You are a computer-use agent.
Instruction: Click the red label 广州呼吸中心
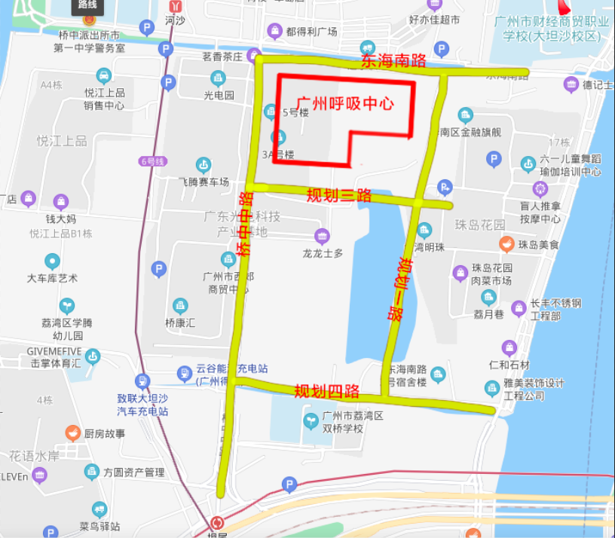(345, 102)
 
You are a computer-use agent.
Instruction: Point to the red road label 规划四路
(326, 391)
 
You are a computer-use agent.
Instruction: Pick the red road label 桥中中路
(245, 226)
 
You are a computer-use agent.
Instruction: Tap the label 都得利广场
(311, 31)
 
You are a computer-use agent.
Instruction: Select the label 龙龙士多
(323, 253)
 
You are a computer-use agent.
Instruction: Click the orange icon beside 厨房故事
(72, 433)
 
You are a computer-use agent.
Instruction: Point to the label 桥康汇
(180, 322)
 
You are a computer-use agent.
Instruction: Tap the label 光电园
(219, 95)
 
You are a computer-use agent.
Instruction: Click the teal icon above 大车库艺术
(52, 261)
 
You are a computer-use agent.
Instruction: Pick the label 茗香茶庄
(222, 56)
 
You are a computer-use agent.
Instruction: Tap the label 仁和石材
(509, 365)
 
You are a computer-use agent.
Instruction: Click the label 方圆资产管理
(133, 472)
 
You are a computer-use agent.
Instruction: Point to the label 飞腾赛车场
(203, 182)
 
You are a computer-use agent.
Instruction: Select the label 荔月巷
(488, 313)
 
